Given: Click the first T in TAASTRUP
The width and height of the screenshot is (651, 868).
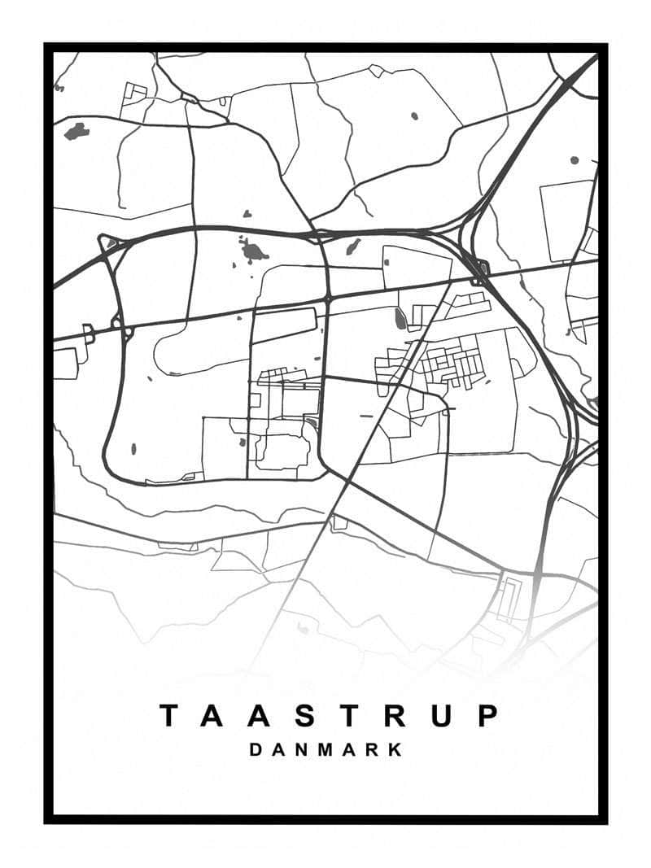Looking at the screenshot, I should point(168,716).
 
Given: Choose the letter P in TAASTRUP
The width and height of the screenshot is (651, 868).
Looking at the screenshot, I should point(487,716).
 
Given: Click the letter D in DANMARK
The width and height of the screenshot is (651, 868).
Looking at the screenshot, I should point(256,750).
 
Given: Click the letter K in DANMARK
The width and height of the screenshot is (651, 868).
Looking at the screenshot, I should point(396,750).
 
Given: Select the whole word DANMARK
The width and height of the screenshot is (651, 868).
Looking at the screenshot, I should point(325,750).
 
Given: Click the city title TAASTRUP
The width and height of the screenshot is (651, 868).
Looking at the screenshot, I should point(327,716).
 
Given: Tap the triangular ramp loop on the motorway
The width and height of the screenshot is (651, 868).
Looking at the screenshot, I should point(107,242).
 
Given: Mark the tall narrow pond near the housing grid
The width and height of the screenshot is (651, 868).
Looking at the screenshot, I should point(400,319).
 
